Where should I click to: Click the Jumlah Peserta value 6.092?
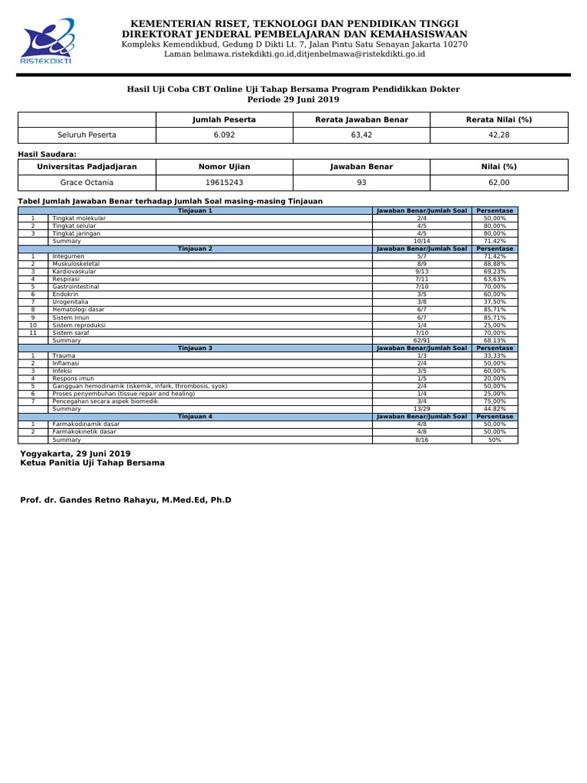[223, 135]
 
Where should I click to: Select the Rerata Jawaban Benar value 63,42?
[362, 135]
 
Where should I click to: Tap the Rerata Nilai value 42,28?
[499, 135]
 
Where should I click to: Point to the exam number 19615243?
[223, 182]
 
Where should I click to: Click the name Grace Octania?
[86, 182]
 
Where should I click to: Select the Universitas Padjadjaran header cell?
[86, 166]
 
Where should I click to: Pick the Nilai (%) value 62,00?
[499, 182]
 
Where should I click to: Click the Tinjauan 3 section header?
[195, 348]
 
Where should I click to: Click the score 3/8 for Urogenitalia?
[421, 302]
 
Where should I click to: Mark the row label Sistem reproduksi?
[79, 325]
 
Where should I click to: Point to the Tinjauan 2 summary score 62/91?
[421, 340]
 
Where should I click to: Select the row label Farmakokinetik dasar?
[84, 432]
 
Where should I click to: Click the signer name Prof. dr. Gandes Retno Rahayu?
[125, 500]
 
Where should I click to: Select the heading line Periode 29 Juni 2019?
[293, 99]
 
